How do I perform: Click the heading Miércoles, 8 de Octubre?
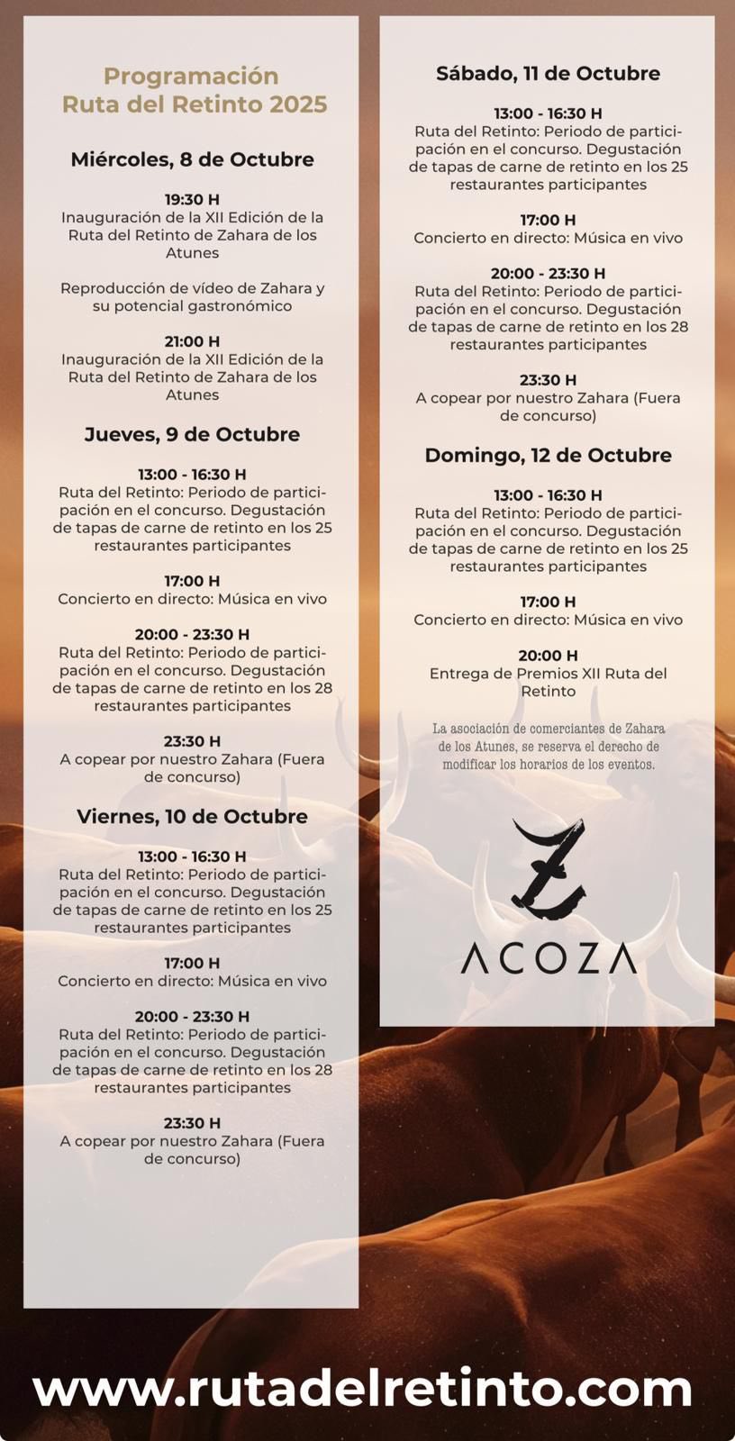tap(192, 159)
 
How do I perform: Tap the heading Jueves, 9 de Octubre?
tap(192, 434)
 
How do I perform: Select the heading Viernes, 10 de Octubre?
tap(192, 816)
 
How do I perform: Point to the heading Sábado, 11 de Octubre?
tap(548, 73)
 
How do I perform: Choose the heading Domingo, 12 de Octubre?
tap(548, 455)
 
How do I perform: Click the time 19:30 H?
tap(192, 199)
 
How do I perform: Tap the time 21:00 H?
tap(192, 341)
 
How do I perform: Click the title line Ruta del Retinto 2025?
tap(194, 104)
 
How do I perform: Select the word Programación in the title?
tap(191, 76)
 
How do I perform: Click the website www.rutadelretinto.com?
tap(363, 1388)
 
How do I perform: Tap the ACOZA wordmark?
tap(548, 958)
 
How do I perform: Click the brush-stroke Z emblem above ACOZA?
tap(548, 869)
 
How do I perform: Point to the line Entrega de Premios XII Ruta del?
tap(548, 674)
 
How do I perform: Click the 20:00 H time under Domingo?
tap(548, 656)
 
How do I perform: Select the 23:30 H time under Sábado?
tap(548, 380)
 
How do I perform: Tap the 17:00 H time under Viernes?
tap(192, 963)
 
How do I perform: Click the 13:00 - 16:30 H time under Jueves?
tap(192, 475)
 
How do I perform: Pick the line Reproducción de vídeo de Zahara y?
tap(192, 288)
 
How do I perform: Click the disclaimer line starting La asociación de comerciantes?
tap(548, 729)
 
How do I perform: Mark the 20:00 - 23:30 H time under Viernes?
tap(192, 1016)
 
